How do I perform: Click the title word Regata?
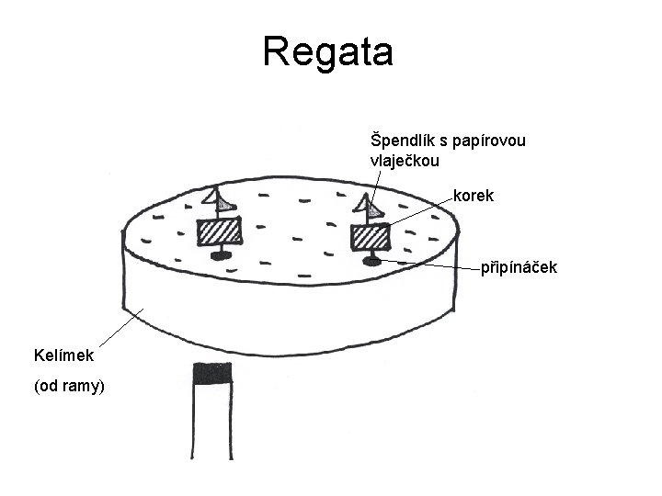coord(327,52)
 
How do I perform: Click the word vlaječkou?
coord(405,161)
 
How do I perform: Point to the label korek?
coord(473,196)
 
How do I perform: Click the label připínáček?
coord(518,268)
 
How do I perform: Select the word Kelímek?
coord(69,354)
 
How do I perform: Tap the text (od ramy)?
coord(70,387)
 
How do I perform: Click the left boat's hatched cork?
coord(219,231)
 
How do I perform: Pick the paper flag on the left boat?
coord(218,198)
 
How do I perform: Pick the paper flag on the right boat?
coord(371,209)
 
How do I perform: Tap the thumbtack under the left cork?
coord(220,256)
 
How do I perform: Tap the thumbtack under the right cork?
coord(372,262)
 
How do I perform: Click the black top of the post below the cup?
coord(213,373)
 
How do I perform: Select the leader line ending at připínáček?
coord(432,265)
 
